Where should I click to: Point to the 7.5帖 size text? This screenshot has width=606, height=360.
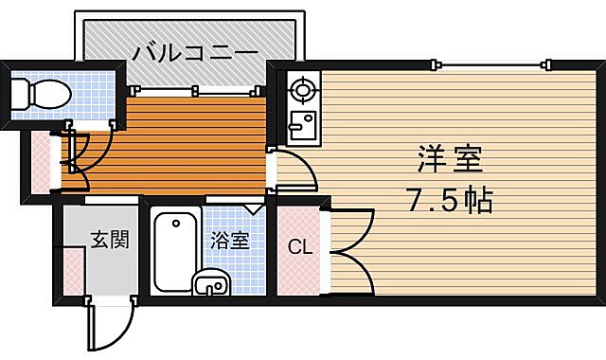pos(450,201)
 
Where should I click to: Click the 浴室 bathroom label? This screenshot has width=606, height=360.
pos(230,239)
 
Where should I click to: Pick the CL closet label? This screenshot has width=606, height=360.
pos(299,248)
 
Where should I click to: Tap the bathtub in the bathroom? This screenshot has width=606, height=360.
pos(173,251)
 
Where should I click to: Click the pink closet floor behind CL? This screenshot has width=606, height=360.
pos(299,270)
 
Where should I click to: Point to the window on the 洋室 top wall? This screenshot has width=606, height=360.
pos(492,64)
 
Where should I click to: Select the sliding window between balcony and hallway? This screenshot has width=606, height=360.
pos(194,91)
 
